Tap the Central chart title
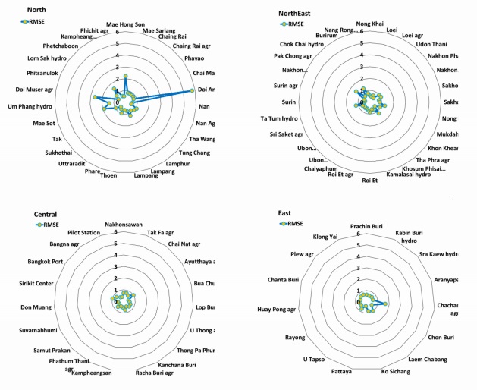[x=46, y=215]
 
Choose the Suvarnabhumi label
[x=39, y=331]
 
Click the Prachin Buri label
[x=366, y=226]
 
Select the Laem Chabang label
[x=429, y=359]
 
